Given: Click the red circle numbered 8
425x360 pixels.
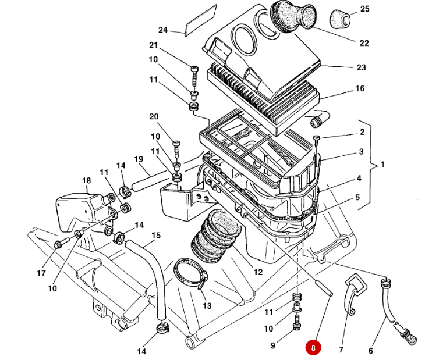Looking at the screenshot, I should pyautogui.click(x=313, y=348).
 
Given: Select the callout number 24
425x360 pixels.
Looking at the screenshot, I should pyautogui.click(x=162, y=30).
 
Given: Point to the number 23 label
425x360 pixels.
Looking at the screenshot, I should pyautogui.click(x=361, y=67).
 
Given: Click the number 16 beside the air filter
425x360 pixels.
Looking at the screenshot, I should pyautogui.click(x=360, y=89).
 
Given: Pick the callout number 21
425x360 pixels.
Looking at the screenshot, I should pyautogui.click(x=153, y=45).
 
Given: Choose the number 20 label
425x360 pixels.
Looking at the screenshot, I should pyautogui.click(x=153, y=117).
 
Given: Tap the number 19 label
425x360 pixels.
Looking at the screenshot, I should pyautogui.click(x=139, y=159).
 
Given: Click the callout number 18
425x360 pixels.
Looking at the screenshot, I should pyautogui.click(x=87, y=181).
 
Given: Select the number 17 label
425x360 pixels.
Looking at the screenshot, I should pyautogui.click(x=41, y=273).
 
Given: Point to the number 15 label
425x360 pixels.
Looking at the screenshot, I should pyautogui.click(x=155, y=236).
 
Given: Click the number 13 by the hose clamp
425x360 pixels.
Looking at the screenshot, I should pyautogui.click(x=207, y=306).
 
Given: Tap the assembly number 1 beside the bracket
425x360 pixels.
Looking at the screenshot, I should pyautogui.click(x=382, y=165).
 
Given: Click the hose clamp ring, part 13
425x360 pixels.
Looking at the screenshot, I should pyautogui.click(x=190, y=273).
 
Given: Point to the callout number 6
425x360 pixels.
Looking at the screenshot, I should pyautogui.click(x=370, y=351).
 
